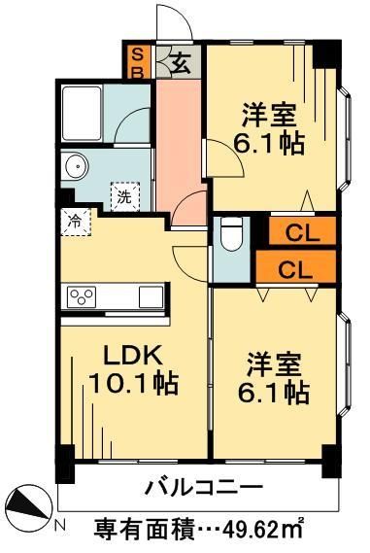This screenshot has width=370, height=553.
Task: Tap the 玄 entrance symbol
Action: point(180,62)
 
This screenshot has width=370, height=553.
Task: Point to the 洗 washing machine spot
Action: point(124,192)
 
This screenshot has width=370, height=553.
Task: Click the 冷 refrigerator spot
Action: point(75,221)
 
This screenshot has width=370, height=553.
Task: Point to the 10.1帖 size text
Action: point(133,384)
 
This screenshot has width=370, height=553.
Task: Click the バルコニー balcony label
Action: point(204,486)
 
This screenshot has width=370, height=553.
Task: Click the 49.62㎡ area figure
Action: point(278,530)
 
